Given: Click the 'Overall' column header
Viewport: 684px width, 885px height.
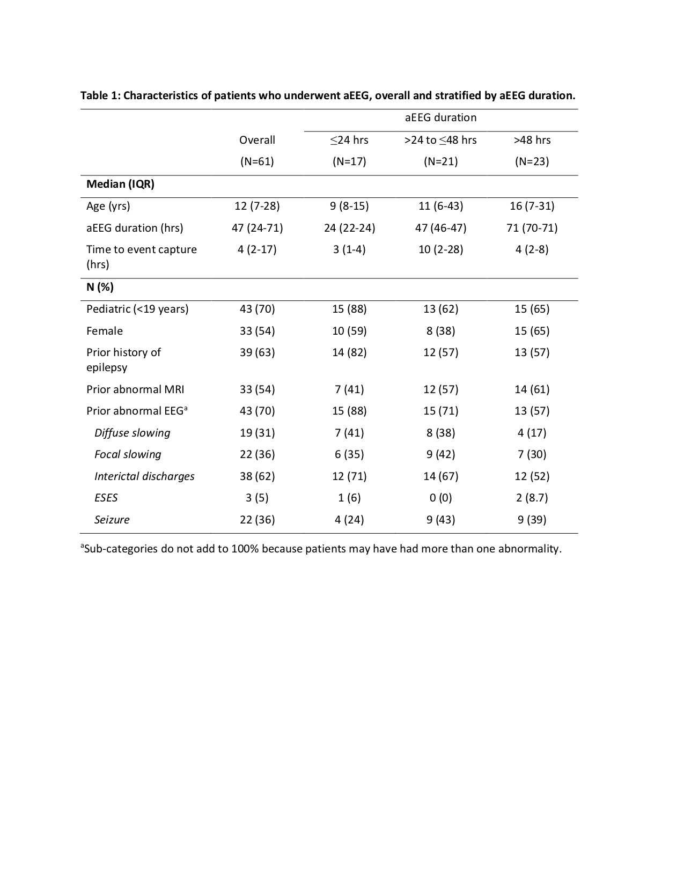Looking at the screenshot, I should [257, 140].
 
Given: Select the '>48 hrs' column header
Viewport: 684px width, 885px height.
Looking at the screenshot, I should [532, 140].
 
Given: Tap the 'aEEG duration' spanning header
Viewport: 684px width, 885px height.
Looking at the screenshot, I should [440, 117].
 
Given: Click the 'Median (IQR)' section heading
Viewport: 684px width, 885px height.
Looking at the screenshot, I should [120, 184].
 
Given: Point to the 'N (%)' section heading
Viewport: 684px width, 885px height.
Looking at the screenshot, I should [100, 287].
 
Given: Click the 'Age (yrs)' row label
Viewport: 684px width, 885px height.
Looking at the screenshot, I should [108, 206].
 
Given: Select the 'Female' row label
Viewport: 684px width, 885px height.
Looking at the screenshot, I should [105, 331].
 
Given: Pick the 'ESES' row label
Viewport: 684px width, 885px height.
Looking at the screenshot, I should [106, 498].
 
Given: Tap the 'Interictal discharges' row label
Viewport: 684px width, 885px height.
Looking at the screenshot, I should [144, 476].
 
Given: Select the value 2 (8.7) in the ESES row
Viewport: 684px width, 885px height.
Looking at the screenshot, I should [532, 498].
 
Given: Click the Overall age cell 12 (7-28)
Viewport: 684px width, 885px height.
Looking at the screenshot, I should [257, 206].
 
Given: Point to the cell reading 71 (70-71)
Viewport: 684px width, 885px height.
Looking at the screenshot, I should [532, 228].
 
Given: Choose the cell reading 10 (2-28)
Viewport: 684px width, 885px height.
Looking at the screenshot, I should [440, 249].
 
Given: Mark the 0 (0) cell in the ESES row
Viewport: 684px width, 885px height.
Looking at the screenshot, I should [440, 498].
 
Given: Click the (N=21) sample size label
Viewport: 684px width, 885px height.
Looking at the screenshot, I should [440, 161].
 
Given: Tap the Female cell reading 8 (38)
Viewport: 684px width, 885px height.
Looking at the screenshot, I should [440, 331].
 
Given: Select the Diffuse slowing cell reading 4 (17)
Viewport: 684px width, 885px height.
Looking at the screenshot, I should [532, 433].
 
